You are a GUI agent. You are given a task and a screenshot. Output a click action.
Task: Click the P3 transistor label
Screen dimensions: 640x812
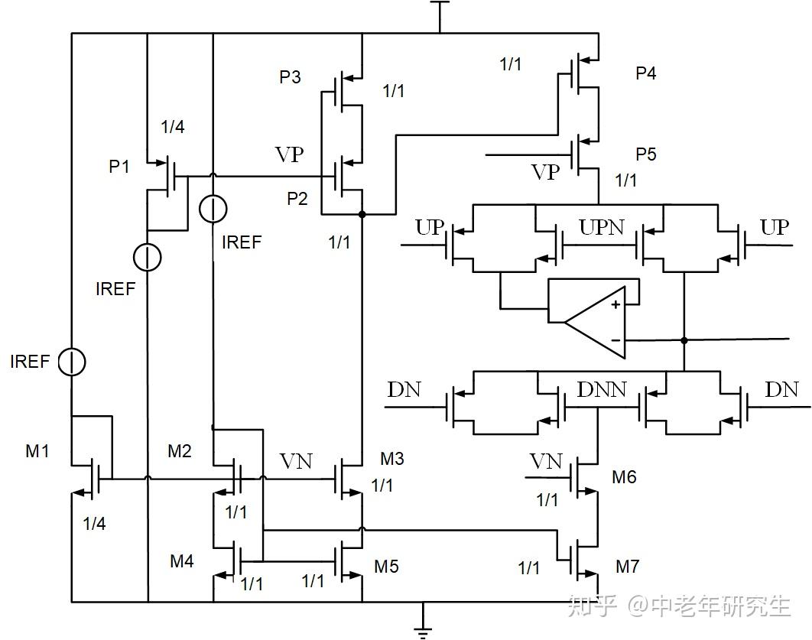pyautogui.click(x=290, y=76)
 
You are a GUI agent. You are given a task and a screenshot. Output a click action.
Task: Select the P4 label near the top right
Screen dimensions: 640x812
pyautogui.click(x=646, y=73)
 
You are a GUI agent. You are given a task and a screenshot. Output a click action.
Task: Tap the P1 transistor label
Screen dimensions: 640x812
pyautogui.click(x=119, y=166)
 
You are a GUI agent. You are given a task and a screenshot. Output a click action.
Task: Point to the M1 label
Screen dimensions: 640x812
pyautogui.click(x=37, y=451)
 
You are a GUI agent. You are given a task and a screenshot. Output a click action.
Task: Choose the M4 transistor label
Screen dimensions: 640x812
pyautogui.click(x=181, y=561)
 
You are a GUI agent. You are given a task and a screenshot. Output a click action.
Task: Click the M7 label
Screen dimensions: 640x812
pyautogui.click(x=627, y=567)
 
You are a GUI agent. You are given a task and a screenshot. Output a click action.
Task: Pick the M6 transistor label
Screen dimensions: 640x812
pyautogui.click(x=624, y=477)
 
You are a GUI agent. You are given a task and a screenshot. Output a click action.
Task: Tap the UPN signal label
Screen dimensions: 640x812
pyautogui.click(x=602, y=227)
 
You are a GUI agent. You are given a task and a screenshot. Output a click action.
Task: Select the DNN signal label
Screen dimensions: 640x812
pyautogui.click(x=602, y=390)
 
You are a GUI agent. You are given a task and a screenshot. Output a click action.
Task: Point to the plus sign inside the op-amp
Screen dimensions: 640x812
pyautogui.click(x=614, y=304)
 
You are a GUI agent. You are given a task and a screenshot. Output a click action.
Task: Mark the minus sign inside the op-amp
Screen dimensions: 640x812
pyautogui.click(x=614, y=339)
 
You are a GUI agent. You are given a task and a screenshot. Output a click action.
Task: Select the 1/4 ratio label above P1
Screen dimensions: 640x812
pyautogui.click(x=173, y=127)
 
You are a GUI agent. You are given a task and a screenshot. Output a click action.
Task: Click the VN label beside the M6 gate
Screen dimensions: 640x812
pyautogui.click(x=546, y=461)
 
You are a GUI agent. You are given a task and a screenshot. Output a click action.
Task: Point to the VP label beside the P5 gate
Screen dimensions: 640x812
pyautogui.click(x=545, y=172)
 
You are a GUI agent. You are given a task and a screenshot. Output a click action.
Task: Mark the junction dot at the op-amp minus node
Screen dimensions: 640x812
pyautogui.click(x=684, y=340)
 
